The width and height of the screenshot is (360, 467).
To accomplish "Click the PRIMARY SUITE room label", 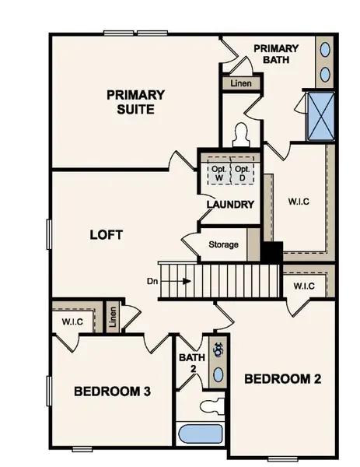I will pos(135,102).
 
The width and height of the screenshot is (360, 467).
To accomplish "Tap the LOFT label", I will pos(107,234).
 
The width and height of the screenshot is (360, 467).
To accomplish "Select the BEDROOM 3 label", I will pos(112,391).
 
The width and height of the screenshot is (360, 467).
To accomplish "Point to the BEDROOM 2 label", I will pos(282,379).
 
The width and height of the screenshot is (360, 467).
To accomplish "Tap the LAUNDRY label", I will pos(230,205).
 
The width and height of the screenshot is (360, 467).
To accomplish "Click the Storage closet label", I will pos(223,245).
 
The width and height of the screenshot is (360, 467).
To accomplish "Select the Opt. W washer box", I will pos(218,173).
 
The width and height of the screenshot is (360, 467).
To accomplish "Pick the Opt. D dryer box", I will pos(243,173).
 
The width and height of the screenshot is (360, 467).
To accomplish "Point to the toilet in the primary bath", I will pos(240,135).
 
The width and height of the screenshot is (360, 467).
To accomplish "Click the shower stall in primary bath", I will pos(320,115).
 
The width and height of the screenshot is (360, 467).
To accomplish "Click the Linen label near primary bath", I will pos(238,83).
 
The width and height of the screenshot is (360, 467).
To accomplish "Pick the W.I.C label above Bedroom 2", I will pos(304,286).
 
